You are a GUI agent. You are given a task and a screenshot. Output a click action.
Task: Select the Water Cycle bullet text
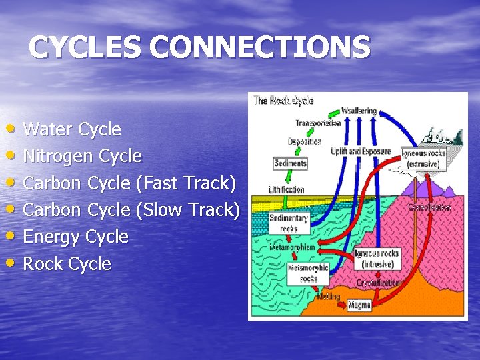tap(72, 129)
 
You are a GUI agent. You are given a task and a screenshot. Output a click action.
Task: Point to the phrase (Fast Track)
tap(187, 183)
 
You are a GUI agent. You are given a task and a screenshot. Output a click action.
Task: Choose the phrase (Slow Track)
tap(187, 209)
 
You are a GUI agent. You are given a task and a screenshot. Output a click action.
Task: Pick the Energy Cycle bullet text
tap(75, 237)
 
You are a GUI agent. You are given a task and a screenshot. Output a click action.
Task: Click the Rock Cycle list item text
tap(67, 263)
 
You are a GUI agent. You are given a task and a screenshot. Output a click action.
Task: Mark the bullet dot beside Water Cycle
tap(14, 127)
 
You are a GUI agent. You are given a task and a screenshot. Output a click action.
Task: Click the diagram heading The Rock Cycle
tap(283, 101)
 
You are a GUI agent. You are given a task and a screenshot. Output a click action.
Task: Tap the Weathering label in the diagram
tap(359, 110)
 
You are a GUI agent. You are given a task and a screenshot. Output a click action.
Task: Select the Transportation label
tap(318, 123)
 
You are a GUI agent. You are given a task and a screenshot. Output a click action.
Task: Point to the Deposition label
tap(305, 141)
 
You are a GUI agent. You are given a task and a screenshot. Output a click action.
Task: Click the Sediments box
tap(290, 163)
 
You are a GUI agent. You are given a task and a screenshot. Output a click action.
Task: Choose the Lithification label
tap(287, 189)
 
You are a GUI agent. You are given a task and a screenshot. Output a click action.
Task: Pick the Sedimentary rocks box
tap(289, 223)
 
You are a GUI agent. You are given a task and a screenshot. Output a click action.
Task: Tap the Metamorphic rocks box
tap(307, 273)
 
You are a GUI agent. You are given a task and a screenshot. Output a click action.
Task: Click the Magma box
tap(359, 305)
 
